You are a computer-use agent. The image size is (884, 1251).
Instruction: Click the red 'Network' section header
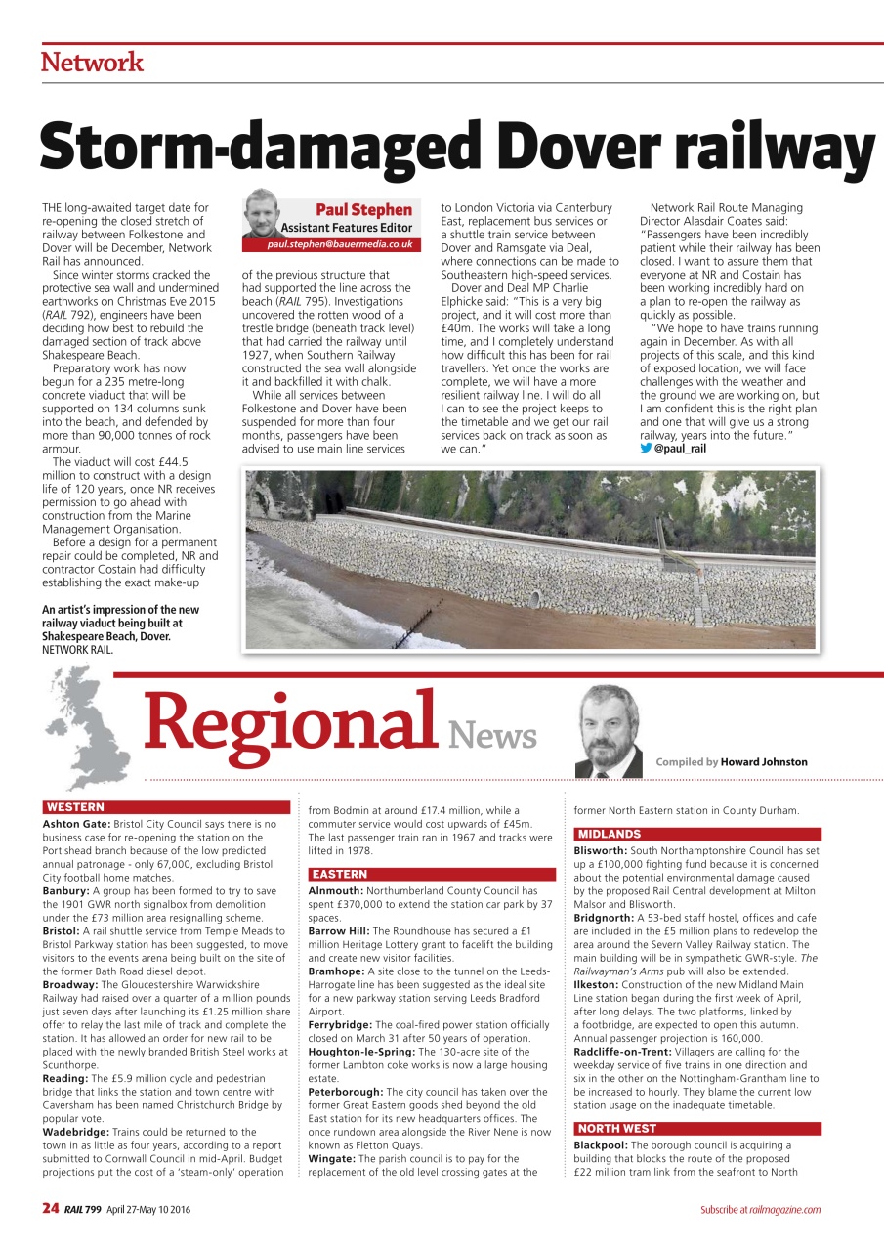tap(92, 63)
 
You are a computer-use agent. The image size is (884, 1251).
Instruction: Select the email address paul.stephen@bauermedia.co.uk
tap(341, 244)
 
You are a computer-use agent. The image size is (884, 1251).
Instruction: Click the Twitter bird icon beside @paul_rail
tap(645, 449)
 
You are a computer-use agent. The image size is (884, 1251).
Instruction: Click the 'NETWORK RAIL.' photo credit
tap(77, 649)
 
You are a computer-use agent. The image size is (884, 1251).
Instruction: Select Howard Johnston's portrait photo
tap(610, 731)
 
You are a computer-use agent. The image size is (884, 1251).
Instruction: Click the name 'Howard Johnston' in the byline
tap(764, 762)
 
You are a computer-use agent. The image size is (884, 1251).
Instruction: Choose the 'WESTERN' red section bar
tap(74, 807)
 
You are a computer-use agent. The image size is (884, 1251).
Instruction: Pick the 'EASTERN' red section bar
tap(339, 874)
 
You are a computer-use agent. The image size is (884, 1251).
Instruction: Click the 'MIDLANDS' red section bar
tap(609, 834)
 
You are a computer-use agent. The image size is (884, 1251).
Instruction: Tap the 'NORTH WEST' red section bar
tap(615, 1129)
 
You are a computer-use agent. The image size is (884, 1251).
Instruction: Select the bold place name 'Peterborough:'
tap(346, 1091)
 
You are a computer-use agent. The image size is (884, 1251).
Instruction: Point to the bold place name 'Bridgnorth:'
tap(604, 918)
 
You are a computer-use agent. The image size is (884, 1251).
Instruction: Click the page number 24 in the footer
tap(50, 1209)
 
